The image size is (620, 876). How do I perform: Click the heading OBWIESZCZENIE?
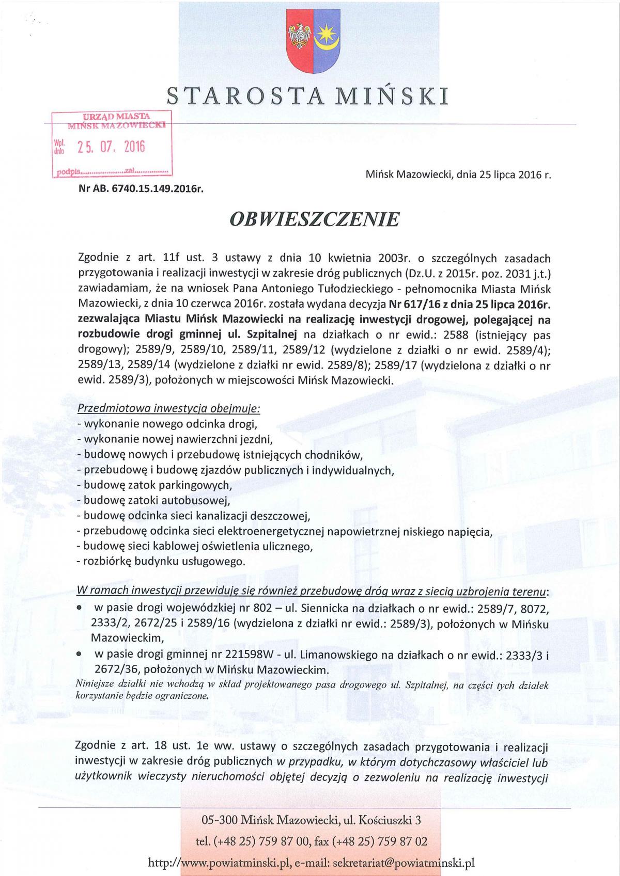point(315,219)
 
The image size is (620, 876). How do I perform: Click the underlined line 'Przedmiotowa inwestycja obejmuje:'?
point(168,408)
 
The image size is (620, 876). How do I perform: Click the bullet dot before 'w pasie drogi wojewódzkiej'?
point(80,609)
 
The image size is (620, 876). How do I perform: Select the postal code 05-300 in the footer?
point(218,820)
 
